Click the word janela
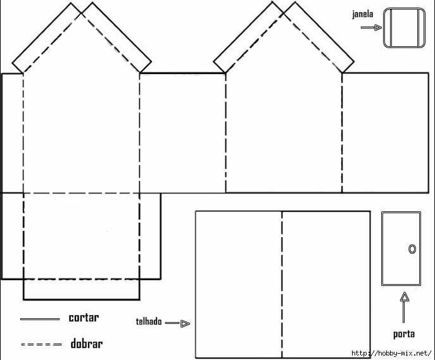363,15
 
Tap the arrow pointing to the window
371,27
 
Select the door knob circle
412,249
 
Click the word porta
404,334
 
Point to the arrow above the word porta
405,307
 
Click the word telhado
149,321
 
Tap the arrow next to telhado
177,323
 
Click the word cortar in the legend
84,318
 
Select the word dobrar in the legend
87,344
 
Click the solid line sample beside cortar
40,320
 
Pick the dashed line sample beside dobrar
42,344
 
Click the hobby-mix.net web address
391,353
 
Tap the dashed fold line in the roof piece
282,285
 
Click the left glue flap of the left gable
46,38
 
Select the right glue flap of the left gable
117,37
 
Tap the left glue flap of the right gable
248,37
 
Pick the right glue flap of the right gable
318,37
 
